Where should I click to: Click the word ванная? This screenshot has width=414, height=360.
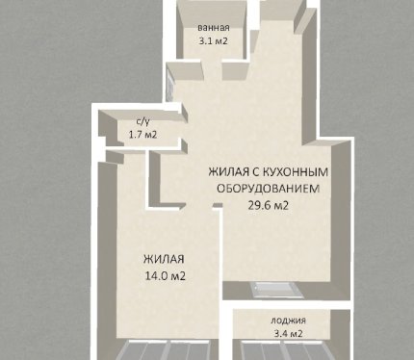pyautogui.click(x=214, y=28)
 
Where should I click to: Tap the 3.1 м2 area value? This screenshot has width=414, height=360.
pyautogui.click(x=214, y=41)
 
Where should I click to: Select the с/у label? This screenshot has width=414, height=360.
pyautogui.click(x=142, y=121)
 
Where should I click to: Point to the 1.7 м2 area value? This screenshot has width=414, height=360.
pyautogui.click(x=142, y=135)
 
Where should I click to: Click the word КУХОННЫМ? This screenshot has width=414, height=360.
pyautogui.click(x=296, y=172)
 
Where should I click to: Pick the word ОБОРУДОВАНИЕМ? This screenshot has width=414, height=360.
pyautogui.click(x=269, y=189)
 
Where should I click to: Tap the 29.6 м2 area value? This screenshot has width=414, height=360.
pyautogui.click(x=269, y=205)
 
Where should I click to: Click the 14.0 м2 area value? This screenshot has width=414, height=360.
pyautogui.click(x=166, y=276)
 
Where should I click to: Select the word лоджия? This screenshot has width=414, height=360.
pyautogui.click(x=288, y=321)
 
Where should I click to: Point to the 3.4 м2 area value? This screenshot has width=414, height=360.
pyautogui.click(x=288, y=334)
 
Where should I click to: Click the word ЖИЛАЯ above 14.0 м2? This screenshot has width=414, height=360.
pyautogui.click(x=164, y=259)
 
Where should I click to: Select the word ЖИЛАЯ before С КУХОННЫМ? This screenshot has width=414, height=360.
pyautogui.click(x=228, y=172)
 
